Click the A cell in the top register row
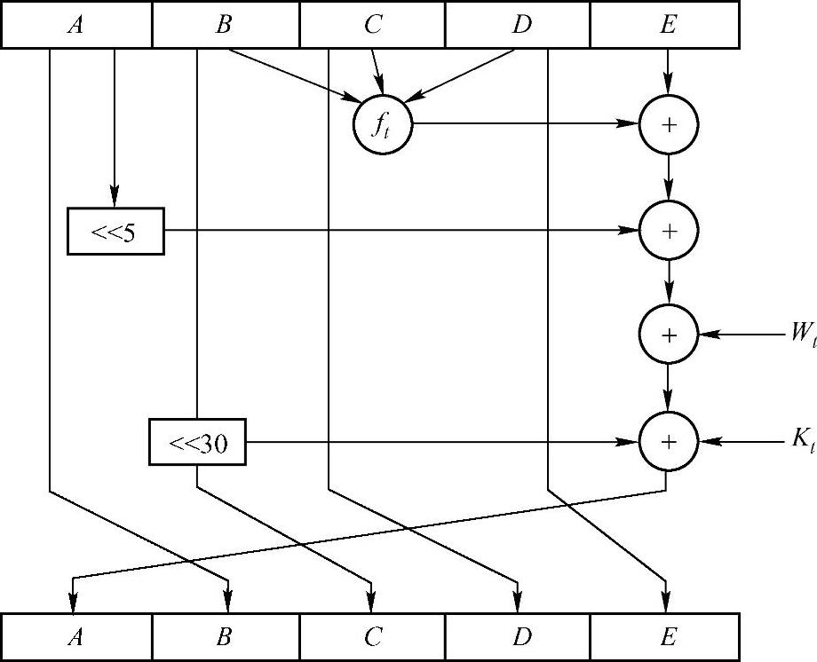coord(77,24)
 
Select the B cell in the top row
coord(226,24)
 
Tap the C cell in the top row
coord(372,24)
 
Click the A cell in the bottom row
coord(77,636)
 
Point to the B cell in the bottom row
coord(226,636)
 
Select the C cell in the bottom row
coord(372,636)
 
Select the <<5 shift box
coord(115,231)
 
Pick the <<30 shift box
coord(196,442)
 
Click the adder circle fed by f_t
coord(669,124)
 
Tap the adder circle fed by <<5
coord(669,231)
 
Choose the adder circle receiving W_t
coord(669,335)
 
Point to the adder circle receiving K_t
coord(669,441)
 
